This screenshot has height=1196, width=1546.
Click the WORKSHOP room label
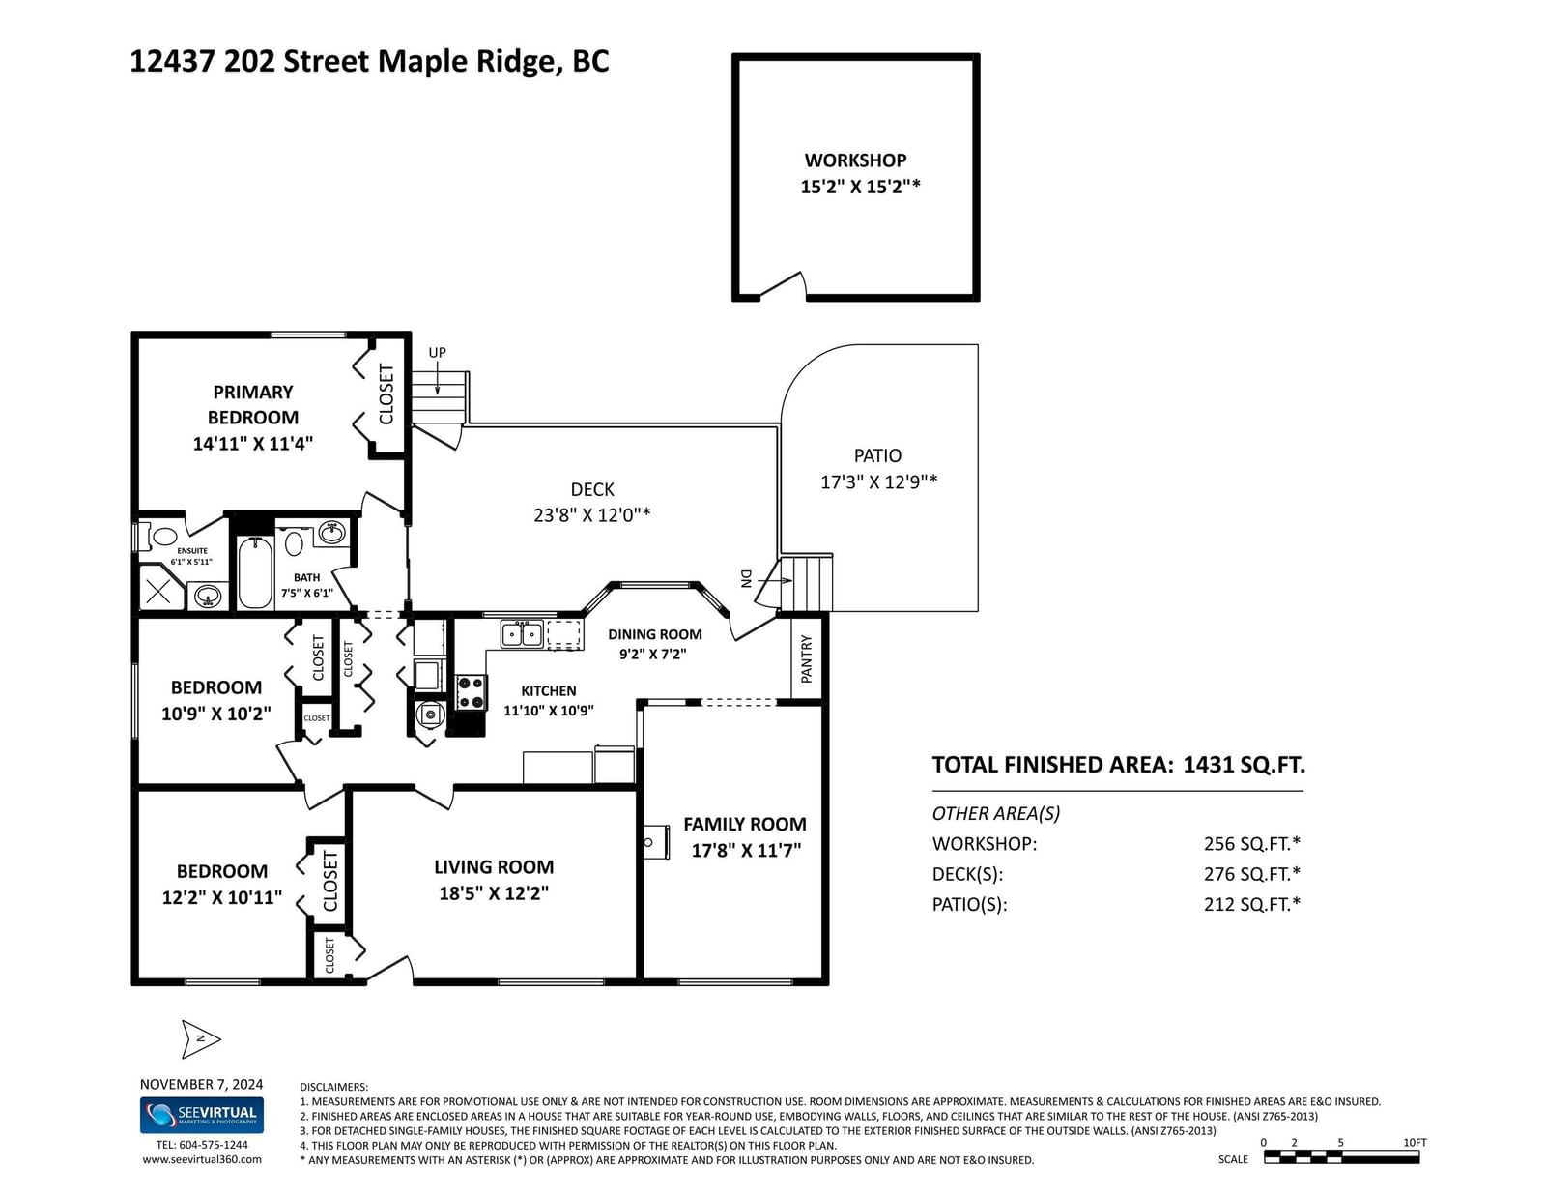[855, 160]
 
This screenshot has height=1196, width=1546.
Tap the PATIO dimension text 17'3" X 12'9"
[878, 481]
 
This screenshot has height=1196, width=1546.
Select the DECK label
[592, 490]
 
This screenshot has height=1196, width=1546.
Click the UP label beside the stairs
[437, 352]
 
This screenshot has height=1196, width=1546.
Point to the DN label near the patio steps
[746, 578]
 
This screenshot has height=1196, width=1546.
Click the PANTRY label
[806, 659]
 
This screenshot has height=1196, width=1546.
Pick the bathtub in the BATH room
[255, 573]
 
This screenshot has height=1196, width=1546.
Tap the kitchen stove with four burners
[471, 692]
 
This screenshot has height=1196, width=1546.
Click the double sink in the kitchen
[522, 633]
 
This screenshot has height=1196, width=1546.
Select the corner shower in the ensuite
[161, 587]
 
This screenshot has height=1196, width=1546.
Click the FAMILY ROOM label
[745, 825]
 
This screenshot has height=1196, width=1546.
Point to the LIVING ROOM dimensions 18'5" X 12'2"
[494, 893]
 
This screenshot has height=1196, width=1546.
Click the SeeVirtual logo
[202, 1115]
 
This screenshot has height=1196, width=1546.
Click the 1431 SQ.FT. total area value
[1244, 765]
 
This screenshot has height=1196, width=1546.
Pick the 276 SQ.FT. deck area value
[1251, 873]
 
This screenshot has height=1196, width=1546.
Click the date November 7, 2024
[201, 1084]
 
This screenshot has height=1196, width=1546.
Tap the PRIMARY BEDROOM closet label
[386, 394]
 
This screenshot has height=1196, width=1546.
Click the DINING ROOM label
[654, 634]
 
